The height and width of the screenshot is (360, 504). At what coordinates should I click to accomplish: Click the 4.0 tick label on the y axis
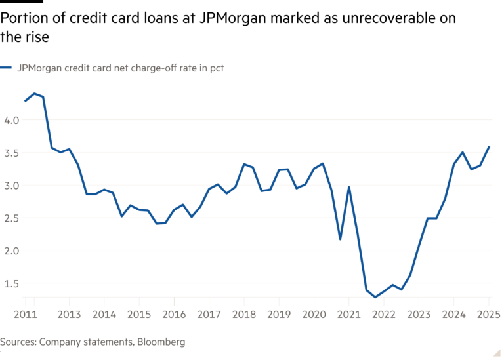click(11, 120)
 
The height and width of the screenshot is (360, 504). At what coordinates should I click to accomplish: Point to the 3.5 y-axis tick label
click(11, 153)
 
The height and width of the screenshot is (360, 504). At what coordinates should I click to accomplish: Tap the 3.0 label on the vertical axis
click(11, 186)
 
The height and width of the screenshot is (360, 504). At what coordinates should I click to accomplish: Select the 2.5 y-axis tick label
click(11, 218)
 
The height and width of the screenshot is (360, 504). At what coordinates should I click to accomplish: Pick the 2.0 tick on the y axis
click(11, 251)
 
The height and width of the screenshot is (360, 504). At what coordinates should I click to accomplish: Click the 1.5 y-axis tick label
click(11, 284)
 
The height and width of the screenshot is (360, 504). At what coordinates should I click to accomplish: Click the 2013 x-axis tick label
click(69, 315)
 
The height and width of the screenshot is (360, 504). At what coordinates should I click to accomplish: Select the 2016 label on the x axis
click(173, 315)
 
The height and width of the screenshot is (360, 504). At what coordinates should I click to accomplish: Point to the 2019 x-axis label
click(278, 315)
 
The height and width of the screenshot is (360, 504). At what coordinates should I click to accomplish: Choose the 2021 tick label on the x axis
click(348, 315)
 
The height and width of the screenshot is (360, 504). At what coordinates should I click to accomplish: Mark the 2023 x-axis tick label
click(419, 315)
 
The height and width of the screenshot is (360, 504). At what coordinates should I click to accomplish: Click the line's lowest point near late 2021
click(375, 297)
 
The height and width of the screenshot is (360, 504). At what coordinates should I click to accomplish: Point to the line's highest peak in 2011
click(34, 93)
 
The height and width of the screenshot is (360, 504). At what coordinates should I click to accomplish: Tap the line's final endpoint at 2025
click(489, 146)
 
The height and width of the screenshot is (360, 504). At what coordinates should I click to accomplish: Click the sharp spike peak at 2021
click(349, 188)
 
